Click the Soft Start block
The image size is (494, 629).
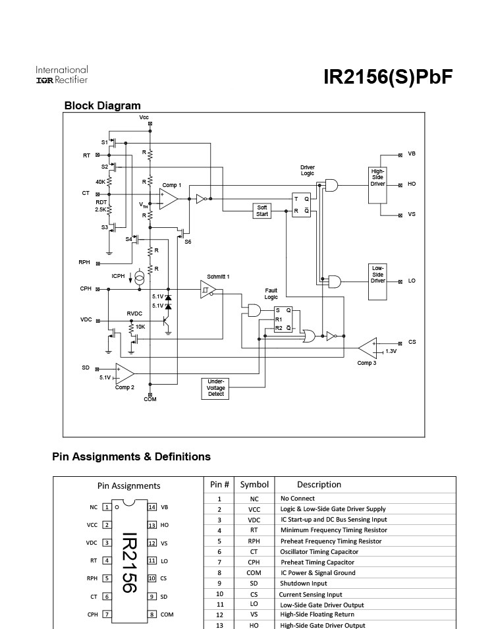[x=261, y=211]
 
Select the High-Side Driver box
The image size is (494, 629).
[x=377, y=185]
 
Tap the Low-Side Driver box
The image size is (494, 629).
[x=377, y=282]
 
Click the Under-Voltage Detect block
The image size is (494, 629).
[x=215, y=389]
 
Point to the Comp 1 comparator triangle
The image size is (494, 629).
[x=168, y=199]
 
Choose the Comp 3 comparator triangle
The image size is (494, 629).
[x=368, y=348]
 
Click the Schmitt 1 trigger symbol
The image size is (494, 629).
[x=208, y=289]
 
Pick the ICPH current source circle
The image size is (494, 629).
[x=139, y=277]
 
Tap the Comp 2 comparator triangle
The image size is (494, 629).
[x=124, y=374]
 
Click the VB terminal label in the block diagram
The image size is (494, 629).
[x=412, y=153]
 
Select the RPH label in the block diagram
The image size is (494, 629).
[x=84, y=262]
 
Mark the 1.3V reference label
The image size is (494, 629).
[x=391, y=351]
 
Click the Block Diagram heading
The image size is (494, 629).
[x=102, y=105]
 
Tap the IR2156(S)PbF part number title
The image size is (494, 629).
[x=388, y=76]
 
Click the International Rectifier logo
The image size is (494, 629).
[x=62, y=75]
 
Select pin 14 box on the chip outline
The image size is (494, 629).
[x=152, y=507]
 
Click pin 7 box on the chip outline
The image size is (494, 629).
[x=107, y=614]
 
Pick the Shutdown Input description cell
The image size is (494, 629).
[x=304, y=584]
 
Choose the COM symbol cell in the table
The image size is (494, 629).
[x=254, y=573]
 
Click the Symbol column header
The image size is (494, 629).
[x=254, y=485]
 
